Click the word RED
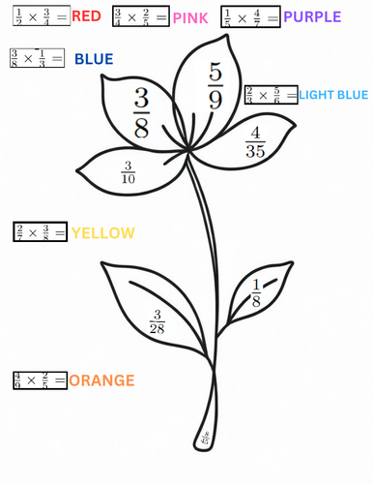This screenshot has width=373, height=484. (x=86, y=16)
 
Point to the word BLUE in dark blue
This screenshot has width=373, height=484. (x=94, y=60)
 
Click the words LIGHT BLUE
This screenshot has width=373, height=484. (x=333, y=95)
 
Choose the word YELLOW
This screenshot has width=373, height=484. (x=102, y=233)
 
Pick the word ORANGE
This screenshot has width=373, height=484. (x=101, y=380)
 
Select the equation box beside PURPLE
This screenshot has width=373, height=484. (x=250, y=16)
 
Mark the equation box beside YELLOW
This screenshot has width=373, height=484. (x=40, y=232)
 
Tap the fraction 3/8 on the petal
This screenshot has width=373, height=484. (x=141, y=114)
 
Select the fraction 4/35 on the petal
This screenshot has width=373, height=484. (x=255, y=141)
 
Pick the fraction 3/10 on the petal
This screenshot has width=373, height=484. (x=129, y=170)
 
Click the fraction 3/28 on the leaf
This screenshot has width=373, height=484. (x=158, y=322)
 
